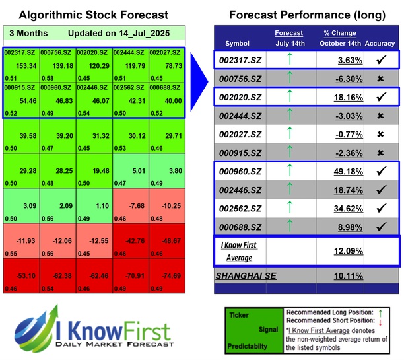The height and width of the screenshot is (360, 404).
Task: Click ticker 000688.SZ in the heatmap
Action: click(166, 87)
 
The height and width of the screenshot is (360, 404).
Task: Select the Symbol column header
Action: click(238, 43)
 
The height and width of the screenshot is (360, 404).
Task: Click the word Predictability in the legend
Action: click(248, 345)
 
